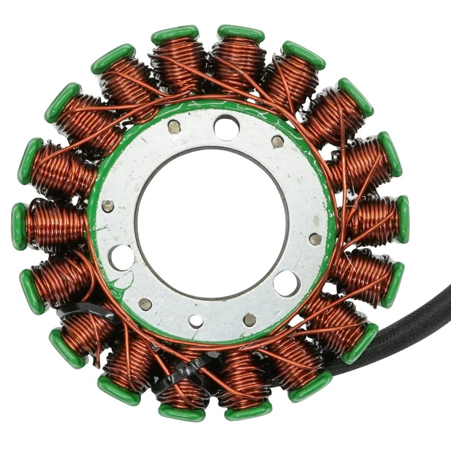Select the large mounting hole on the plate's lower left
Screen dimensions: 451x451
pyautogui.click(x=122, y=257)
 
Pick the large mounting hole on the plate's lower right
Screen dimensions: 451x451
pyautogui.click(x=286, y=282)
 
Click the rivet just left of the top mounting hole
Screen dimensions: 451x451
pyautogui.click(x=174, y=127)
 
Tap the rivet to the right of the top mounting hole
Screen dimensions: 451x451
pyautogui.click(x=277, y=142)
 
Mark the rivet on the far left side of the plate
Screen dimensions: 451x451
pyautogui.click(x=108, y=206)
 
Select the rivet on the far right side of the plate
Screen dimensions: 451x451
pyautogui.click(x=316, y=239)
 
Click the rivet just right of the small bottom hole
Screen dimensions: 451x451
pyautogui.click(x=250, y=320)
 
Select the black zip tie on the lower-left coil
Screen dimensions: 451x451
pyautogui.click(x=85, y=309)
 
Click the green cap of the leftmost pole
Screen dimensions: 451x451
pyautogui.click(x=19, y=226)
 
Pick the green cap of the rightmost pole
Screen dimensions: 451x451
pyautogui.click(x=403, y=219)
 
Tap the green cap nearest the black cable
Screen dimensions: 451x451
pyautogui.click(x=361, y=343)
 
